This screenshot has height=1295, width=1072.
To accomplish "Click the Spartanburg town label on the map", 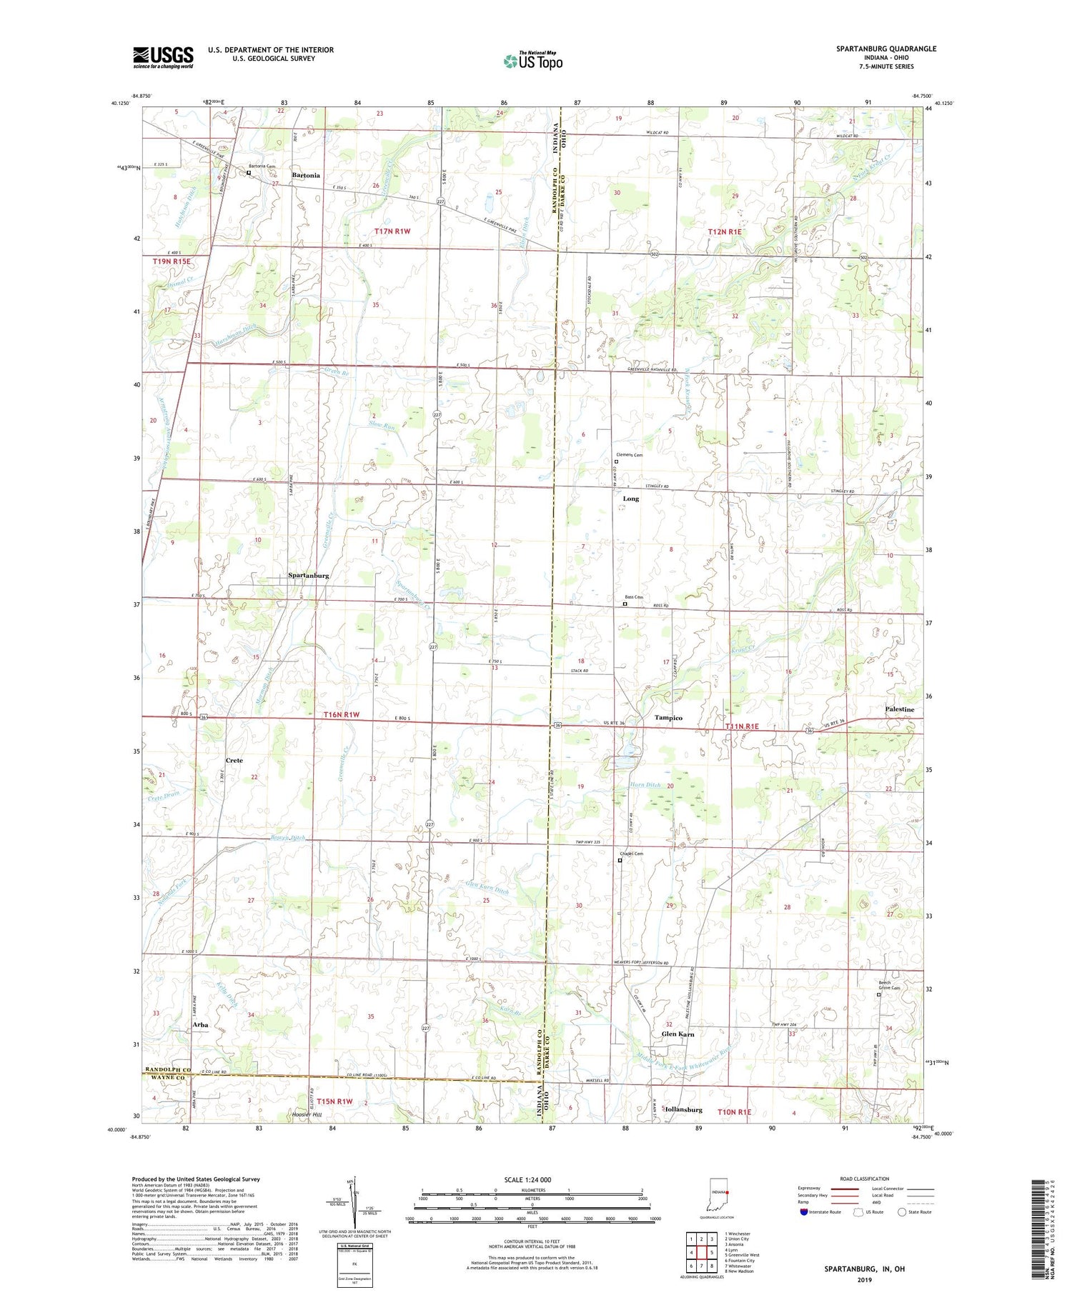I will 309,575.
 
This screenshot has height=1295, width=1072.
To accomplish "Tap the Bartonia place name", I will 306,175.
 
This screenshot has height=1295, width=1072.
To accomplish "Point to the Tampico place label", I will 668,717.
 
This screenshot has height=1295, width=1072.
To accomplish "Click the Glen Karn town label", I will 678,1034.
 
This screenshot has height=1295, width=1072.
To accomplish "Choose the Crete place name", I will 234,760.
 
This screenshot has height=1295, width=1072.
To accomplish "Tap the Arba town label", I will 200,1024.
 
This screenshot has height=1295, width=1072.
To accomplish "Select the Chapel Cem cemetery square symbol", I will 620,860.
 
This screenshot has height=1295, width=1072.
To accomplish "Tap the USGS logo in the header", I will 163,57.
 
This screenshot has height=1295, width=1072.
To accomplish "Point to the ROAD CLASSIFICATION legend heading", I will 865,1179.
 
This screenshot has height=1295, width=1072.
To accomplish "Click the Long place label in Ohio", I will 630,499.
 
